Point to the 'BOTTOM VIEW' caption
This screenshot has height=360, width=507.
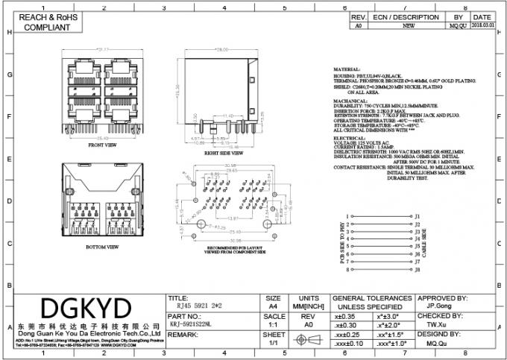coord(103,244)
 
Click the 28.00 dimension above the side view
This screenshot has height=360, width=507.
coord(221,51)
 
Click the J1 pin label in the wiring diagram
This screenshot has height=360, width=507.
coord(418,213)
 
